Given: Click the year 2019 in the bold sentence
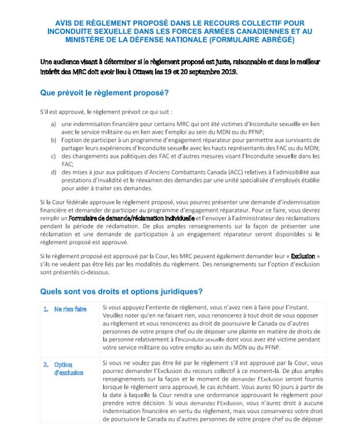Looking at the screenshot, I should pos(220,71).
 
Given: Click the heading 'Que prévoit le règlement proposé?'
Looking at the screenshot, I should pos(104,92).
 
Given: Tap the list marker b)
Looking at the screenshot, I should pos(54,139).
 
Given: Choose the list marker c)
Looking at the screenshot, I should pos(54,156).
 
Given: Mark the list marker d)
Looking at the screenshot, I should pos(54,172).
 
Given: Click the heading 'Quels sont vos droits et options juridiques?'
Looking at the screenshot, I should pos(121,291).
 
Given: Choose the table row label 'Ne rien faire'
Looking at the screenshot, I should pos(70,309).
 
